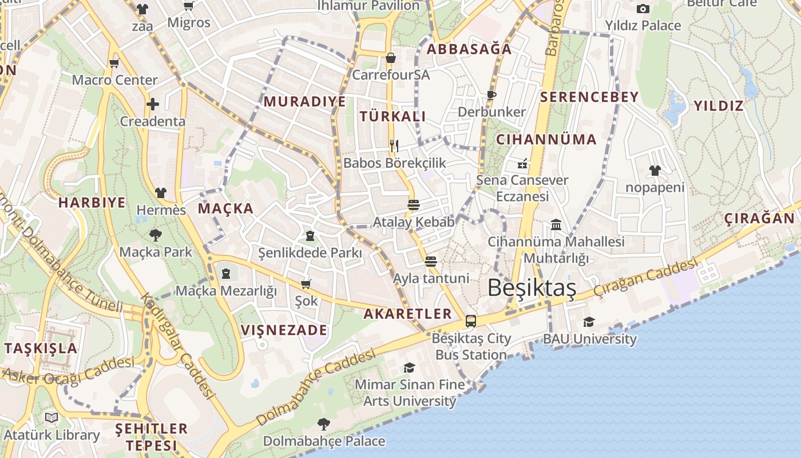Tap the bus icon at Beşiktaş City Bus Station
coord(470,321)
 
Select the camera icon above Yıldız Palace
coord(643,9)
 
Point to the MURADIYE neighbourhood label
coord(304,102)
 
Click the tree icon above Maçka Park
coord(155,235)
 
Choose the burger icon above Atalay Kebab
coord(414,204)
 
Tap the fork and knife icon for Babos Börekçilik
coord(394,145)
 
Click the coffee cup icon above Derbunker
coord(491,95)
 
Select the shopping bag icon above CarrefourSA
coord(391,58)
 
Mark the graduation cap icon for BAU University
coord(589,322)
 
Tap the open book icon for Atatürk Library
coord(51,417)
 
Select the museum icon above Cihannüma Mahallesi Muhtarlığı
coord(556,224)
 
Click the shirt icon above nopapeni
coord(655,171)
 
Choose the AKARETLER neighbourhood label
coord(408,314)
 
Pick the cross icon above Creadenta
coord(152,104)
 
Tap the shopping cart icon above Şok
coord(306,284)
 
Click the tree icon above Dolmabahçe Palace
coord(324,424)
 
